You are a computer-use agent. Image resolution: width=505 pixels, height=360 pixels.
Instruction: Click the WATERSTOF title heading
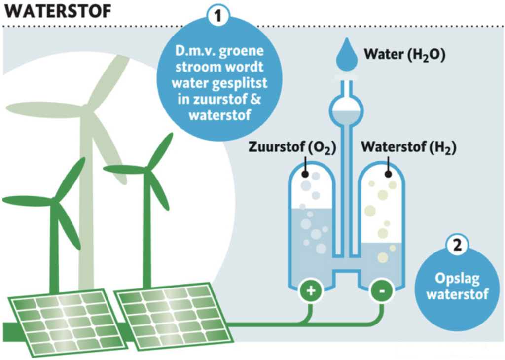click(x=58, y=11)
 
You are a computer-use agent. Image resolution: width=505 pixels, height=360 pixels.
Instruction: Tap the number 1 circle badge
click(x=218, y=15)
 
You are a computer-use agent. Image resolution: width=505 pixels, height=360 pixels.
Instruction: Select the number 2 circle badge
click(x=457, y=245)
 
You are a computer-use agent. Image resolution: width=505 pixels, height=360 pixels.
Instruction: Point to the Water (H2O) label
click(x=405, y=55)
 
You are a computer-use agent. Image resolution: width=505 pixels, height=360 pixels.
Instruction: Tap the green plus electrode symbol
click(x=311, y=291)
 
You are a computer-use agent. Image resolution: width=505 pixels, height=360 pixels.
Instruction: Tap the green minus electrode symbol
click(x=382, y=291)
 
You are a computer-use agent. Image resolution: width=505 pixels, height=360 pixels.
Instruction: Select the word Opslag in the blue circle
click(x=457, y=279)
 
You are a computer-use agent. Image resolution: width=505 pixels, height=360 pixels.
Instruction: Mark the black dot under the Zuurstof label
click(x=305, y=174)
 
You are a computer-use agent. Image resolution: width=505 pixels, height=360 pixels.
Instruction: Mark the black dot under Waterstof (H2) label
click(x=389, y=174)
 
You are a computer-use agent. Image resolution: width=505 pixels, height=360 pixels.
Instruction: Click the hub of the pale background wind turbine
click(x=85, y=109)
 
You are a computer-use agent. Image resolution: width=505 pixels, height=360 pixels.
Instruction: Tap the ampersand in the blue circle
click(x=255, y=99)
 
